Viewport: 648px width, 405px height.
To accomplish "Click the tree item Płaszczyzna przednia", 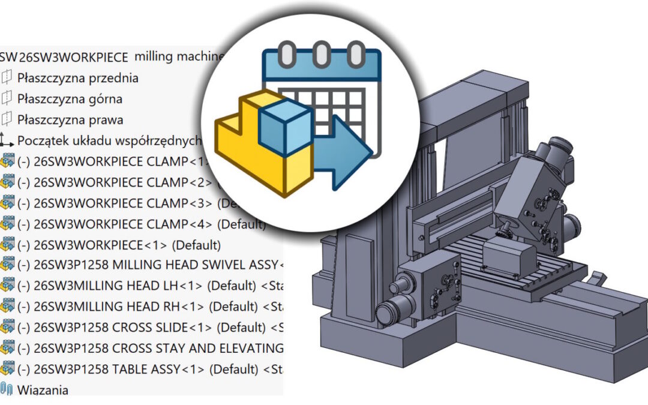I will (77, 77).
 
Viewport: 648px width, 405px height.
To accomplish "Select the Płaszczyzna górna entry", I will (70, 98).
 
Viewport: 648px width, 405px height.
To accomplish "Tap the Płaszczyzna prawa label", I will (70, 119).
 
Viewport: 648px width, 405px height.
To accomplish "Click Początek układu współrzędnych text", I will (108, 140).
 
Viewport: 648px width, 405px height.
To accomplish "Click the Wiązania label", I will (43, 390).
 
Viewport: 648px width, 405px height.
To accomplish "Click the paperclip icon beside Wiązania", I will (7, 389).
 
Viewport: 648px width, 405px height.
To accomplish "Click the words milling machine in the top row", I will (179, 56).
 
